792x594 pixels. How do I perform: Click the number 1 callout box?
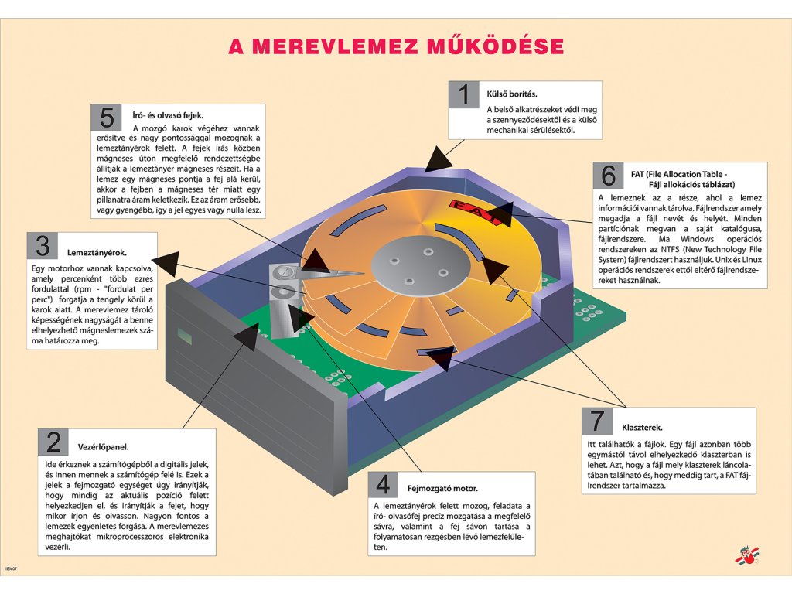464,95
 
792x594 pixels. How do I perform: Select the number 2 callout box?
53,442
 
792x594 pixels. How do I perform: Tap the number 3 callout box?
43,246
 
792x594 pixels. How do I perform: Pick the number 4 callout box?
383,484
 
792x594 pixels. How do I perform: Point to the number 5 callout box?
107,118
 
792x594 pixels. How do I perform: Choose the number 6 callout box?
609,176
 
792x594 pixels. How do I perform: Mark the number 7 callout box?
598,422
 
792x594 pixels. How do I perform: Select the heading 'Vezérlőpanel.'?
103,447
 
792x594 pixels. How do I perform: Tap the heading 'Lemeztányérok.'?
97,252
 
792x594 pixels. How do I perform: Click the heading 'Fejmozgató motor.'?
442,489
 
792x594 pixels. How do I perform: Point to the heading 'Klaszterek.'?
642,427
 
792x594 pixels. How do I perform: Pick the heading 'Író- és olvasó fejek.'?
168,114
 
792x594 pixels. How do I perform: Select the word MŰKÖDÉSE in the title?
495,46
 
